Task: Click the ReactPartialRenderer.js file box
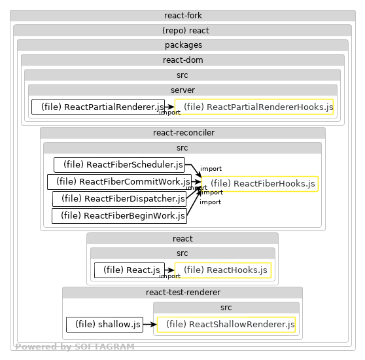pos(98,107)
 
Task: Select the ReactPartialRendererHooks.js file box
pos(254,107)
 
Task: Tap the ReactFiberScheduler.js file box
pos(120,164)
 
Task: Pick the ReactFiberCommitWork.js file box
pos(119,181)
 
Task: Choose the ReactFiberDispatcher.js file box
pos(119,198)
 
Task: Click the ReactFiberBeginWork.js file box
pos(119,215)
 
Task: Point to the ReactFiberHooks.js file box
pos(260,184)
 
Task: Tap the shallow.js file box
pos(105,324)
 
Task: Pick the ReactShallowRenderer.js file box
pos(226,324)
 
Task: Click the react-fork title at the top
pos(182,16)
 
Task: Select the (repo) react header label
pos(182,30)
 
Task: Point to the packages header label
pos(182,45)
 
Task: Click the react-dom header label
pos(182,60)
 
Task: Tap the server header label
pos(182,90)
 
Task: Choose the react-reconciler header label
pos(182,133)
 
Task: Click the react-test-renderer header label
pos(182,293)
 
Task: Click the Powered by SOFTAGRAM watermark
pos(75,347)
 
